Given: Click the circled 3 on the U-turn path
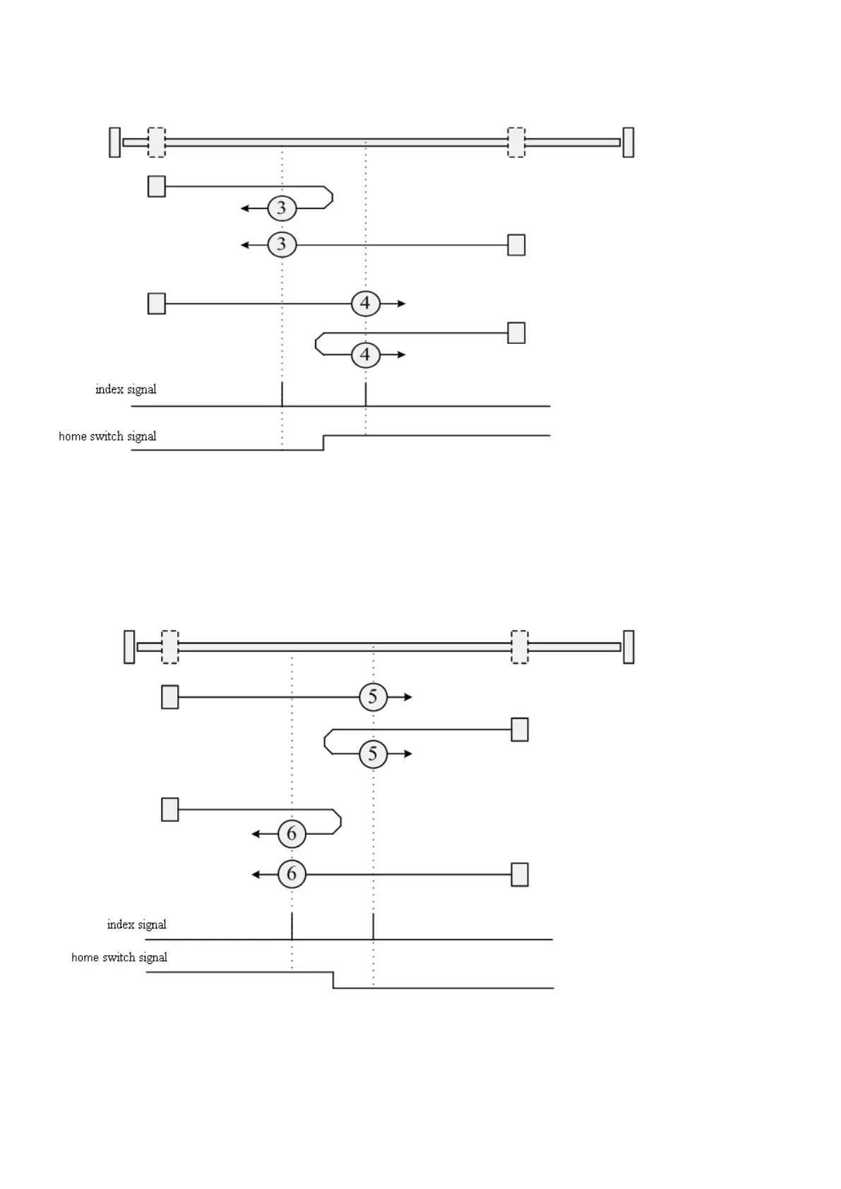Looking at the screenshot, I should pos(282,208).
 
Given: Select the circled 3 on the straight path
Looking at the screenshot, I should pos(282,245).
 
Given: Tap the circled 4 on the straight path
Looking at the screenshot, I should pos(365,304).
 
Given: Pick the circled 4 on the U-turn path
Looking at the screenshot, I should pos(365,354).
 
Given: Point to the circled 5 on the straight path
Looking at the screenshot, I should pos(373,698).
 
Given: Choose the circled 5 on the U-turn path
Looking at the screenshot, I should pos(373,754).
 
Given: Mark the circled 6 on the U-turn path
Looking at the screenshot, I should pos(292,835).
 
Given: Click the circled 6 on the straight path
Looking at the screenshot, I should pos(292,875).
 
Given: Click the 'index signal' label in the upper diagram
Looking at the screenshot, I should pos(126,390).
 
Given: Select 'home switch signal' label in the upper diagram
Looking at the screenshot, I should pos(107,436).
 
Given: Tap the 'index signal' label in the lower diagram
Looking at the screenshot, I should pos(136,925).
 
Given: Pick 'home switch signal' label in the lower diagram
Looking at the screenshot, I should pos(119,957).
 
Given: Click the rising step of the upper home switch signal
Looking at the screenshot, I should pos(323,443).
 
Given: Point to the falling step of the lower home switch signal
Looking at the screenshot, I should pos(333,980).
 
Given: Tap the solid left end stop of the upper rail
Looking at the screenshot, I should pos(114,143).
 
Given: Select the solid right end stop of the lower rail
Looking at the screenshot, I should pos(628,647).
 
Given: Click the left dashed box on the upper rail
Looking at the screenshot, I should pos(156,143).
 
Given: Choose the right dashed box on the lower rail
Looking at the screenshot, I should pos(519,647).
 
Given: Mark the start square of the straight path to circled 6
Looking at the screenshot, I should pos(520,875).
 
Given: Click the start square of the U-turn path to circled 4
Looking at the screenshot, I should pos(516,333).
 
